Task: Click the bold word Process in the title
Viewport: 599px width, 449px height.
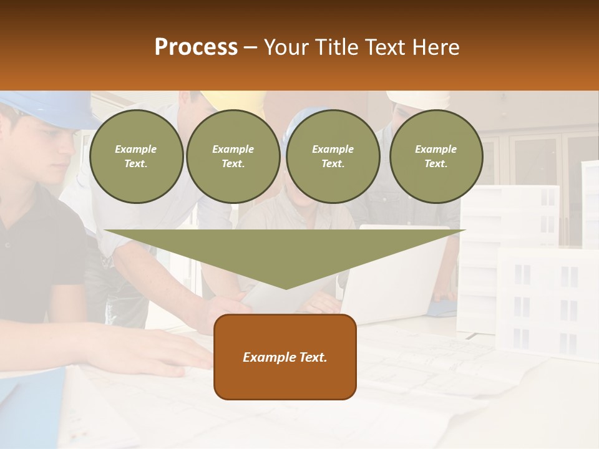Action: [x=196, y=47]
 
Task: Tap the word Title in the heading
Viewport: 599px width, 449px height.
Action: [x=336, y=47]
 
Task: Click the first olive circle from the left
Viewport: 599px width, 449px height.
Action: [x=137, y=157]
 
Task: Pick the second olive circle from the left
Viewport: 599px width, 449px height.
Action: [x=233, y=157]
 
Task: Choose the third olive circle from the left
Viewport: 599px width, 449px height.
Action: [x=333, y=157]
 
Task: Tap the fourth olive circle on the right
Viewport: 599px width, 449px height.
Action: [x=436, y=157]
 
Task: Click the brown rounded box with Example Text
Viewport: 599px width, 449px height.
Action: [x=285, y=357]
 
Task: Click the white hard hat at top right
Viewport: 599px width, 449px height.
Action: [x=418, y=99]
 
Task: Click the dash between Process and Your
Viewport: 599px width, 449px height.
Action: [x=251, y=47]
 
